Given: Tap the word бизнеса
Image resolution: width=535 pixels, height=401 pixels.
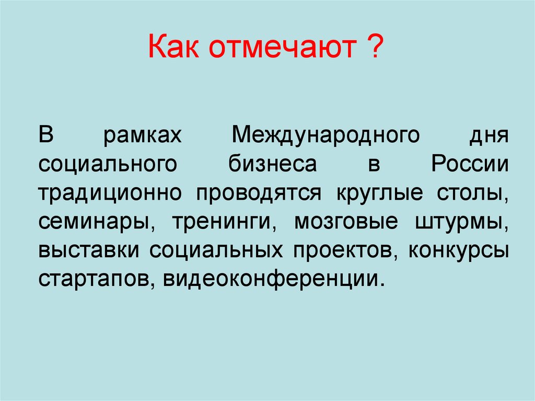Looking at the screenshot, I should (272, 165).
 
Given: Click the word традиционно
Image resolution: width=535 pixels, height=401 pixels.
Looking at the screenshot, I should (110, 193).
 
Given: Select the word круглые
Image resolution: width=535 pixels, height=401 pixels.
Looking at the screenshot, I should (376, 193).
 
